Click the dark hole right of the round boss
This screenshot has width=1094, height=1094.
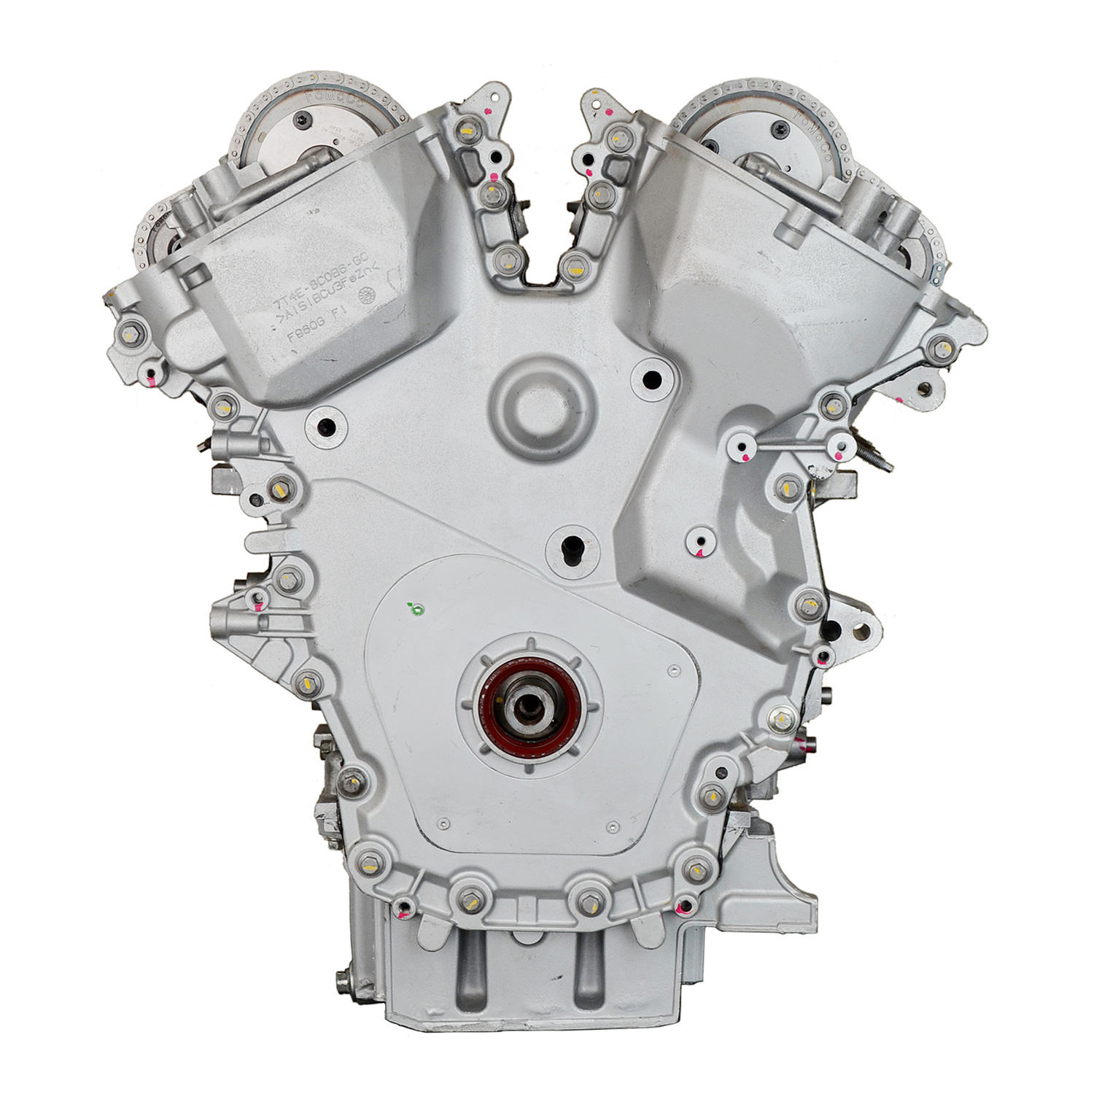click(651, 379)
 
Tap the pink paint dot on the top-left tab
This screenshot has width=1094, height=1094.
click(486, 111)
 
